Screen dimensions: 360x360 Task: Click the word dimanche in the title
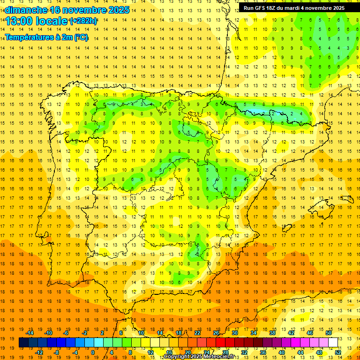point(26,10)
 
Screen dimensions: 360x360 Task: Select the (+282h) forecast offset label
point(83,21)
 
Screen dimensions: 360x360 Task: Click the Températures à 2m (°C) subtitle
point(46,37)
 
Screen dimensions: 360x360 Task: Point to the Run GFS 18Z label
point(260,7)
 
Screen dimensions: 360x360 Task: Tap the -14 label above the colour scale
point(30,333)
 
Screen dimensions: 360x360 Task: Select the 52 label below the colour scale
point(338,352)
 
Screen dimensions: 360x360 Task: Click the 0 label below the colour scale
point(93,352)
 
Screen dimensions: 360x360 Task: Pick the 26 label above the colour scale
point(216,333)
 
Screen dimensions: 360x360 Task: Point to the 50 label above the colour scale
point(329,333)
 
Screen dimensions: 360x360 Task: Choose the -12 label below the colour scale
point(39,352)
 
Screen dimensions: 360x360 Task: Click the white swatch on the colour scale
point(333,343)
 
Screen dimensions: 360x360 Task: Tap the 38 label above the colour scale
point(272,333)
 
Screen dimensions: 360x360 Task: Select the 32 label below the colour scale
point(244,352)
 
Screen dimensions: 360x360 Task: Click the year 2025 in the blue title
point(118,10)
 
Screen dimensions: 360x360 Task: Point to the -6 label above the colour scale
point(67,333)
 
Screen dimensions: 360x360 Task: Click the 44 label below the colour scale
point(300,352)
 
